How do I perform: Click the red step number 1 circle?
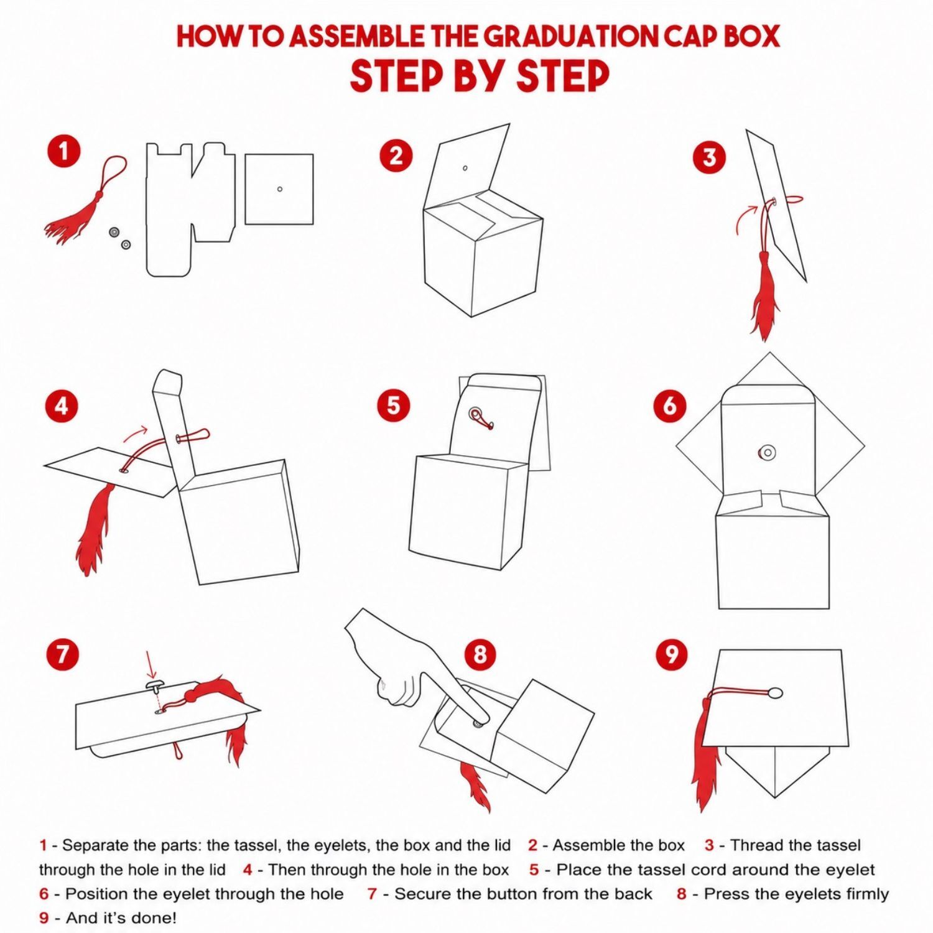coord(63,151)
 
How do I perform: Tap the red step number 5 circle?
coord(394,406)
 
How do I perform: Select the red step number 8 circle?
coord(480,654)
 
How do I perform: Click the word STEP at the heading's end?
coord(563,76)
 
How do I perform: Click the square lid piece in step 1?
coord(279,189)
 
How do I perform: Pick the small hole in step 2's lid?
coord(465,168)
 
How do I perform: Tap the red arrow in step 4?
coord(135,433)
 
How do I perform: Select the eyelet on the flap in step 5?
coord(476,414)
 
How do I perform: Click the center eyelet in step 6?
coord(768,453)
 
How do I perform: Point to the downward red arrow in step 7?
coord(149,664)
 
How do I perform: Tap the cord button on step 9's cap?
coord(775,692)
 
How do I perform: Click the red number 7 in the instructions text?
coord(372,894)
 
